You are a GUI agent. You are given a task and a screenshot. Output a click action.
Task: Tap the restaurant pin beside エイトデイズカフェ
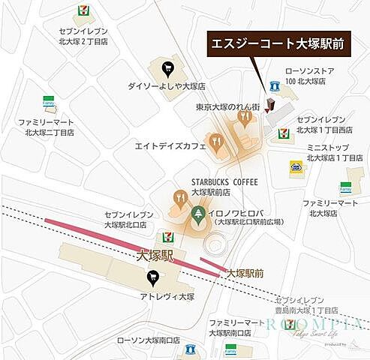tap(216, 140)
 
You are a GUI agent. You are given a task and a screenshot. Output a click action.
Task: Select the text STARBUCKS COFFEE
tap(224, 182)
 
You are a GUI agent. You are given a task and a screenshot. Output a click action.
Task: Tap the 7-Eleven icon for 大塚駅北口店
tap(160, 237)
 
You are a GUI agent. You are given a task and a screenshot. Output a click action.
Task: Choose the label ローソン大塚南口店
tap(148, 340)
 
